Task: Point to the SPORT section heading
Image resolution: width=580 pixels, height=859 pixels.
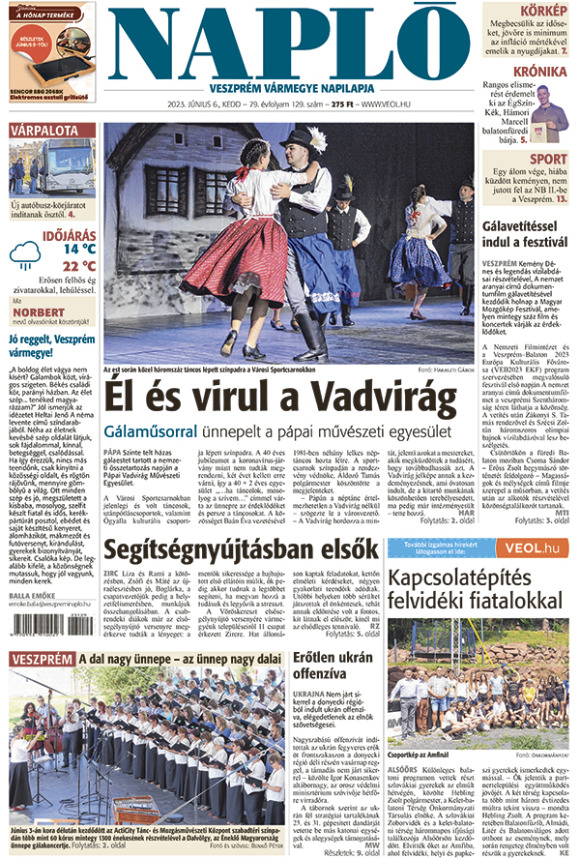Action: pyautogui.click(x=548, y=159)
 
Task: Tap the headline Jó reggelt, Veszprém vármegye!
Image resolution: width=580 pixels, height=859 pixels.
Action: pyautogui.click(x=47, y=346)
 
